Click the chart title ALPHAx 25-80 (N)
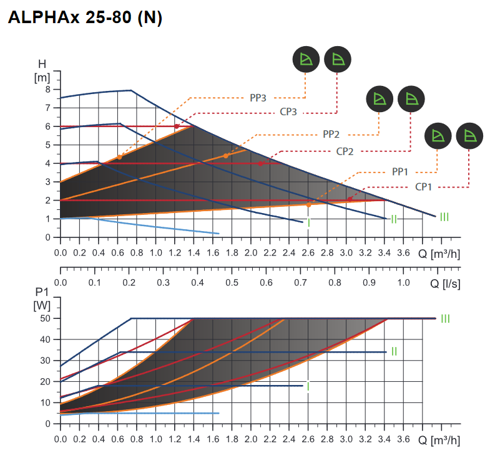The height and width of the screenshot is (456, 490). [85, 19]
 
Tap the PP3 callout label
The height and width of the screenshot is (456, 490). [258, 98]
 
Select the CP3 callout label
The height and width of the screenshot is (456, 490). [288, 113]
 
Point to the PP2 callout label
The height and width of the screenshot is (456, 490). [331, 135]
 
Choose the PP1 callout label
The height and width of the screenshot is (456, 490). [399, 172]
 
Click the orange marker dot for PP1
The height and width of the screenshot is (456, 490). [308, 204]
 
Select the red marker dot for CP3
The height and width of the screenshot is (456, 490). [177, 126]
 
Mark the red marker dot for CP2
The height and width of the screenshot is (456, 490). [260, 164]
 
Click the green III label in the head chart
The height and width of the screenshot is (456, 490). [444, 217]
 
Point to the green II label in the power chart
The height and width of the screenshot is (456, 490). [394, 351]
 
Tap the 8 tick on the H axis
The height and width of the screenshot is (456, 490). [47, 89]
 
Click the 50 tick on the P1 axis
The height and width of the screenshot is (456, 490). [45, 318]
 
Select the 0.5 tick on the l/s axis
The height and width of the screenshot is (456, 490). [232, 282]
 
